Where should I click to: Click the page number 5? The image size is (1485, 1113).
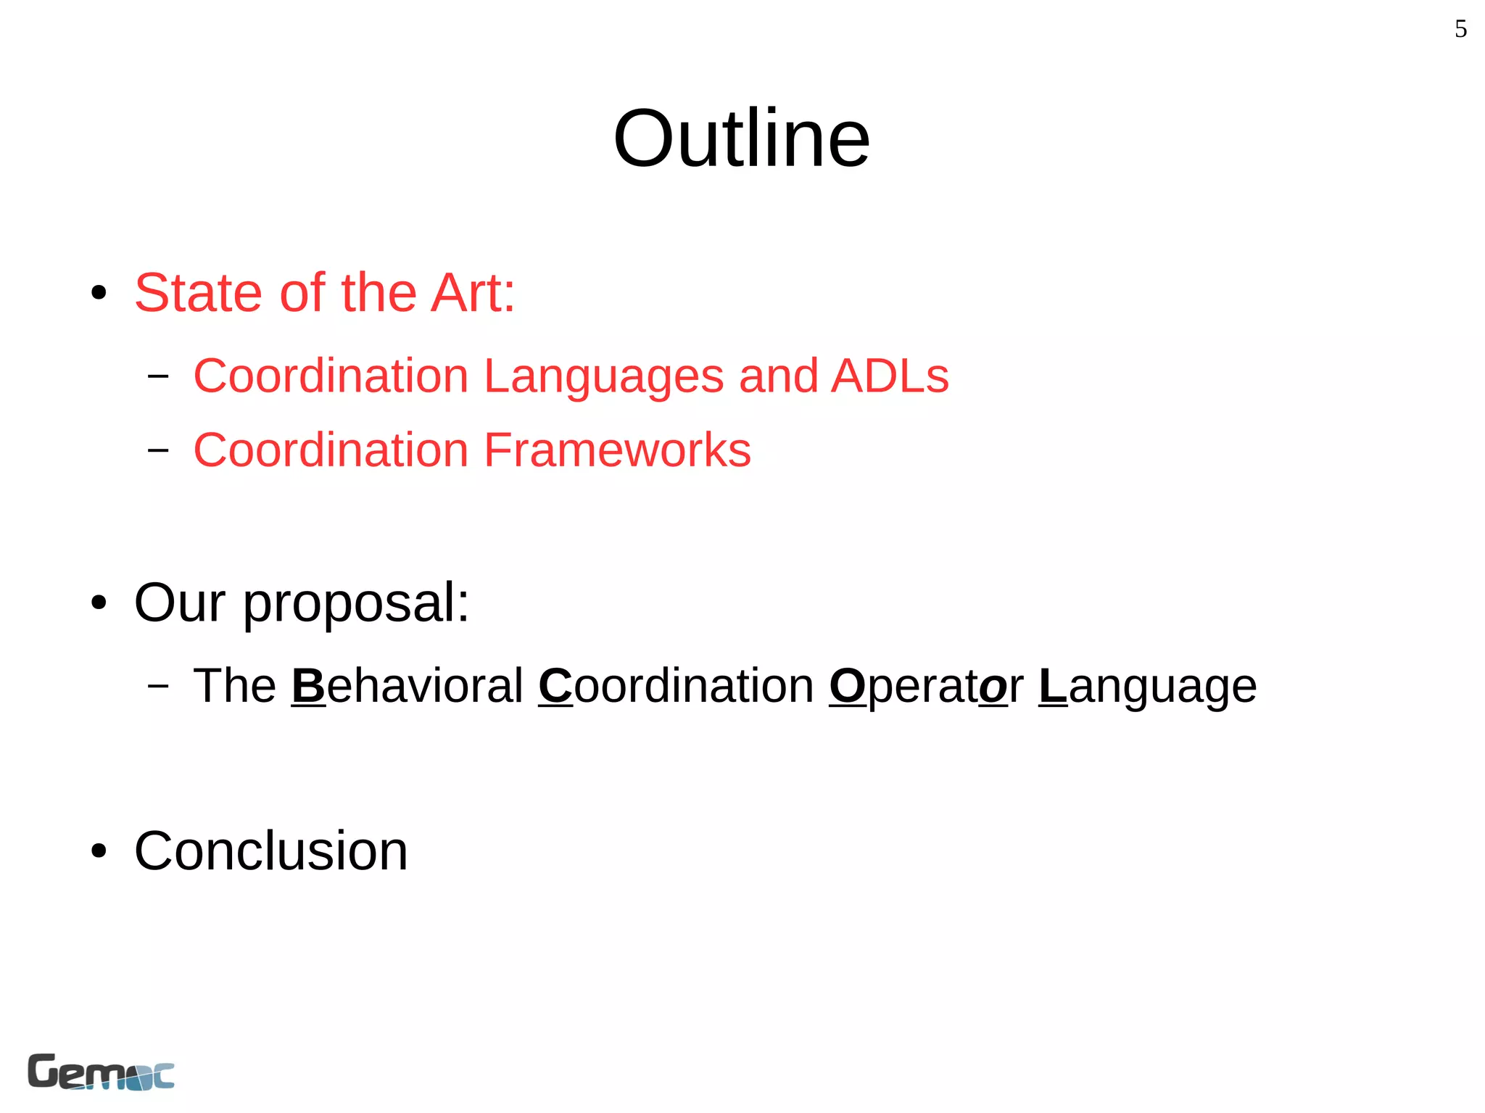point(1460,29)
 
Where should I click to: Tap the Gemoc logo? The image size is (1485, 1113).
point(101,1072)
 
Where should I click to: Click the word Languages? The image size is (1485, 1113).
point(603,376)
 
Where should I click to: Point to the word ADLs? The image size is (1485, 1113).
point(890,376)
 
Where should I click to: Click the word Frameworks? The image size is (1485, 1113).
point(617,450)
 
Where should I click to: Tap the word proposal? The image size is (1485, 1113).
point(356,603)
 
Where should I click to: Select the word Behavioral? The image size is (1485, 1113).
point(407,685)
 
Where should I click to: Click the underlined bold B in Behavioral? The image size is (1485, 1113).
point(308,685)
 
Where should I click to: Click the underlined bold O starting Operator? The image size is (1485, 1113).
point(847,685)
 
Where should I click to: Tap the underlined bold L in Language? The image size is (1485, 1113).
point(1053,685)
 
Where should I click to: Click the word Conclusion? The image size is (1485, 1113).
point(270,851)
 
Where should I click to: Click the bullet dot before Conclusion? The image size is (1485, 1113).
point(99,851)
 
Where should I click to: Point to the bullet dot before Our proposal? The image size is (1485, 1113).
point(99,603)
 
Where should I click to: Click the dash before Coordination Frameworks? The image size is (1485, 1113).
point(158,450)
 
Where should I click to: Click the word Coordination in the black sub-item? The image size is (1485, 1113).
point(676,685)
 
